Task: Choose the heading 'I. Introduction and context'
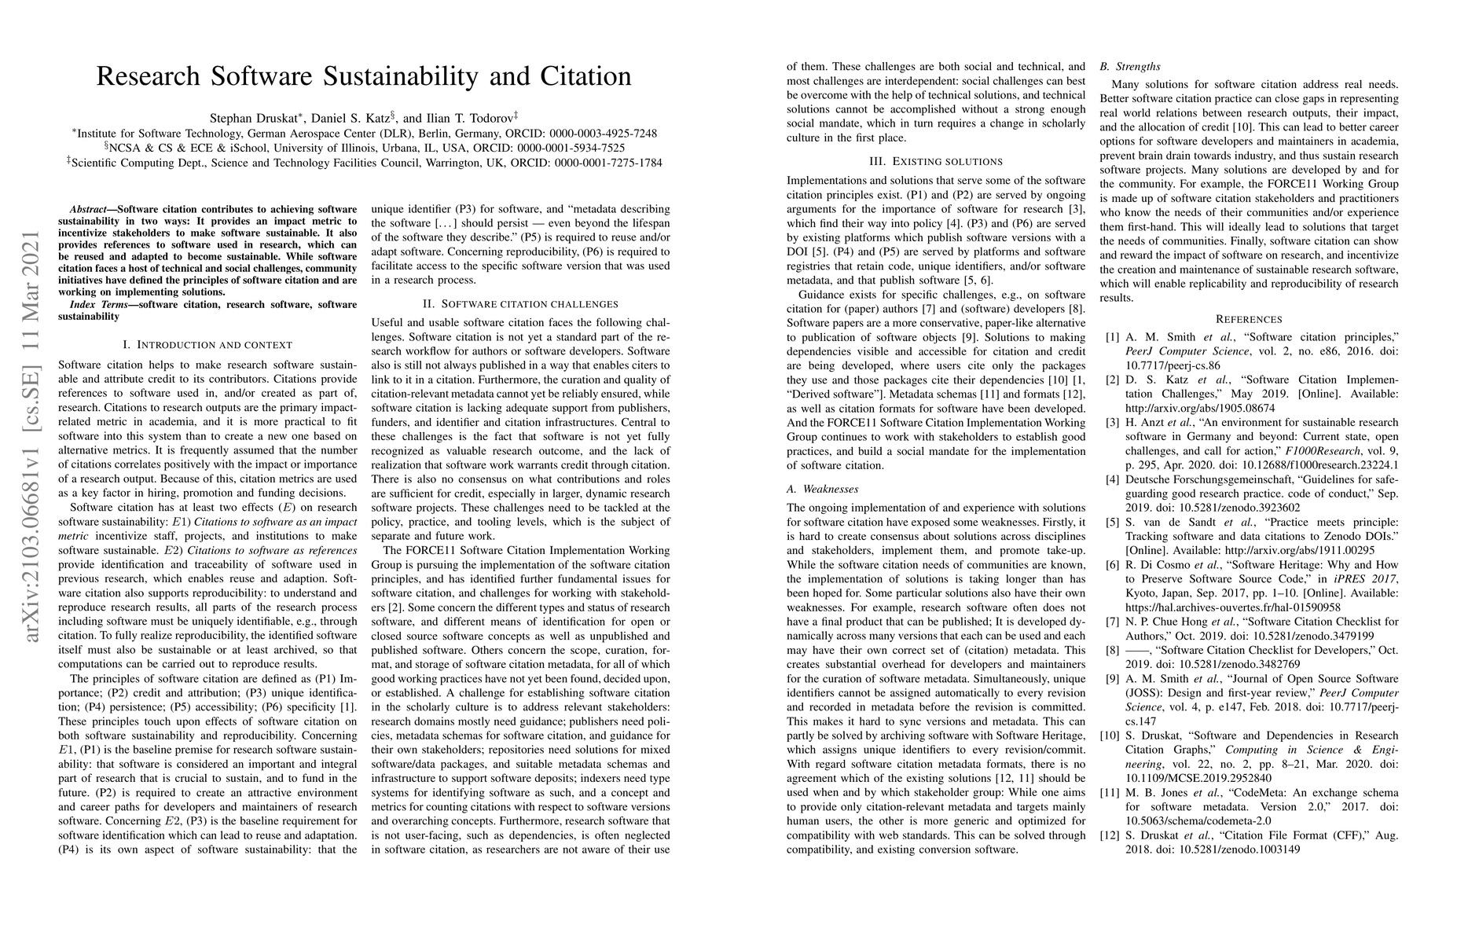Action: click(207, 345)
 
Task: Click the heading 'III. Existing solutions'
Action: click(935, 161)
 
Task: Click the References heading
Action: click(1249, 319)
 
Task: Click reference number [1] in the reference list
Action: click(1112, 337)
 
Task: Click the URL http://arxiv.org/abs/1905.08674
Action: click(1200, 408)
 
